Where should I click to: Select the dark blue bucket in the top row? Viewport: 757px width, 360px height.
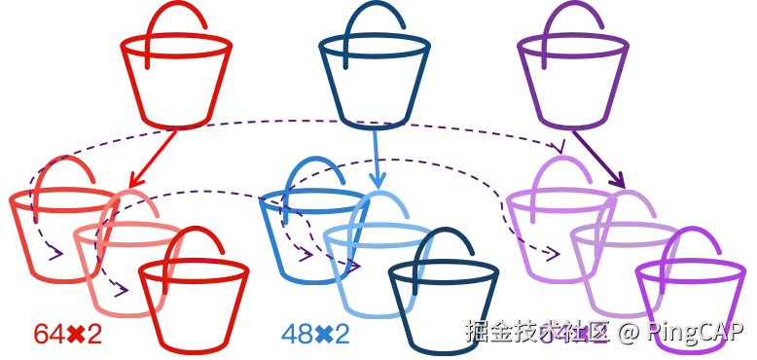coord(375,78)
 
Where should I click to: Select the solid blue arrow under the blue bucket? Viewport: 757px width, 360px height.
coord(378,161)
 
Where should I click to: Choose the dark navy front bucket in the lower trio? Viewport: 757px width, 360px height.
coord(443,297)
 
